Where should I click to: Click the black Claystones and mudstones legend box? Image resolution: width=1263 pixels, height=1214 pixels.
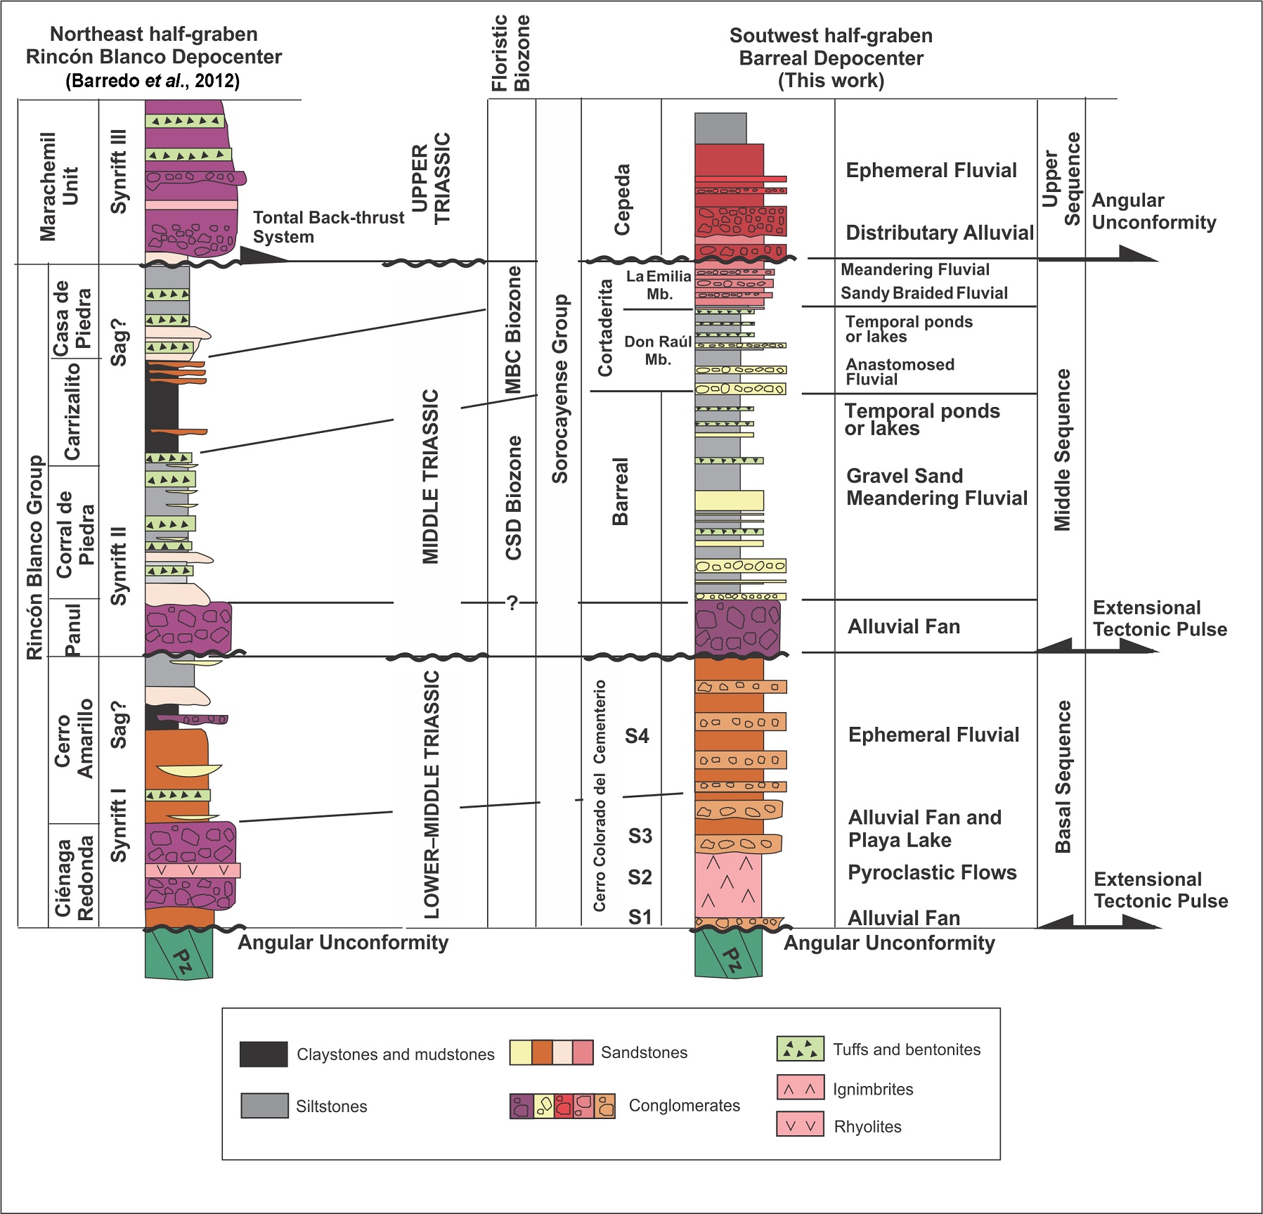[264, 1054]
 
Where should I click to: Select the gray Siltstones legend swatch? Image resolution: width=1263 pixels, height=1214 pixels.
[264, 1105]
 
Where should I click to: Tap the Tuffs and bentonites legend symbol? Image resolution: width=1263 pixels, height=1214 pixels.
[800, 1048]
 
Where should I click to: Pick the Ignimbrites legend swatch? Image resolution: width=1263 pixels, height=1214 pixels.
[800, 1087]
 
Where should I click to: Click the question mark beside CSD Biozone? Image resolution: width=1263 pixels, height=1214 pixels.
[512, 602]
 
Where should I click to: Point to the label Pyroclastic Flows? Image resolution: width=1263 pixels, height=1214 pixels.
[932, 872]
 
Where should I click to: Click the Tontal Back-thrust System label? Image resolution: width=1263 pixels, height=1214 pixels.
[328, 227]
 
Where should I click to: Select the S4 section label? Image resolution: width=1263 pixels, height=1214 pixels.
[637, 736]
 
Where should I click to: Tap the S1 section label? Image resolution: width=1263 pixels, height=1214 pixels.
[640, 917]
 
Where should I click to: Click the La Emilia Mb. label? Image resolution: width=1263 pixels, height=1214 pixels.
[659, 285]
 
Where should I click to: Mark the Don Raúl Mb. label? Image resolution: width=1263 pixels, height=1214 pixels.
[658, 350]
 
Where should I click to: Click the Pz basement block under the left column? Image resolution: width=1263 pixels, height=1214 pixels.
[179, 954]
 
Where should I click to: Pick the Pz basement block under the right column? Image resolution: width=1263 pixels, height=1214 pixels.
[729, 954]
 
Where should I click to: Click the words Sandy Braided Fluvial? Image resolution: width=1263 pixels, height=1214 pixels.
[924, 293]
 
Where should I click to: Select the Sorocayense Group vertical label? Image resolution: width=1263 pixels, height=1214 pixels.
[559, 389]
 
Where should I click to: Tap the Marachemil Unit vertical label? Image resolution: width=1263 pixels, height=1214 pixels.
[58, 186]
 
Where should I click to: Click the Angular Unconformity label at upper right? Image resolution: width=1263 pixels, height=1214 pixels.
[1153, 211]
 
